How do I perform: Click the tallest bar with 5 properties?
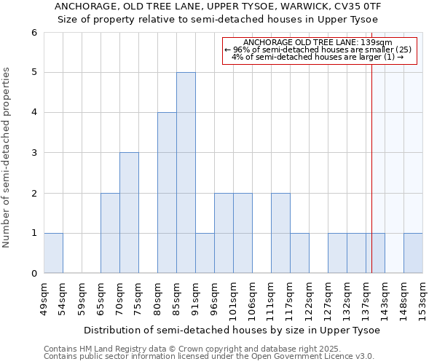pos(186,173)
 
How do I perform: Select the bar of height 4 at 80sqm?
pos(167,193)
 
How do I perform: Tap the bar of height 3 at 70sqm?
pos(129,213)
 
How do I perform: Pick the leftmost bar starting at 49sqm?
pos(53,253)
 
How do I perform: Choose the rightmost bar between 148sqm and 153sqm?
pos(413,253)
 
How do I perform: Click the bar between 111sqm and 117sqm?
pos(280,233)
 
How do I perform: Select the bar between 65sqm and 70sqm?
pos(110,233)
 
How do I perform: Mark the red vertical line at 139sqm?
pos(371,182)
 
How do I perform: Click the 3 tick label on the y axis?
pos(34,153)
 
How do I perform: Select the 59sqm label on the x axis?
pos(82,296)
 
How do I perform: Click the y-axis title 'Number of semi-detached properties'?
pos(7,157)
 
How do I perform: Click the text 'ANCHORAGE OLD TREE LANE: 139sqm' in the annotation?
pos(318,43)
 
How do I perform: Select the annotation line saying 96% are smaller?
pos(318,50)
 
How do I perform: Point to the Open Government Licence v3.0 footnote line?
pos(209,357)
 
